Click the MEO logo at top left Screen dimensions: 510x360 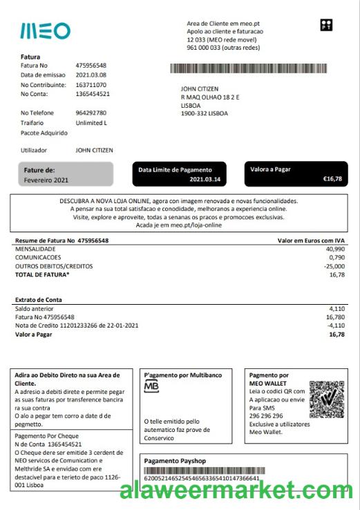(45, 31)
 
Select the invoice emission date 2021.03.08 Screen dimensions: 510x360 (91, 75)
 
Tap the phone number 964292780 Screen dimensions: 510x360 (91, 113)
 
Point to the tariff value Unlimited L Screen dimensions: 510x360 (91, 122)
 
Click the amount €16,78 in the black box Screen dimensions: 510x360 (332, 179)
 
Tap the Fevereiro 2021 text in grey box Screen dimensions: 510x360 (46, 180)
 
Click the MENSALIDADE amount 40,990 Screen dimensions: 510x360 (334, 249)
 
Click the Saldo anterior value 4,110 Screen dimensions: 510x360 (337, 308)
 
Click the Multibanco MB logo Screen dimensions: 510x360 (151, 388)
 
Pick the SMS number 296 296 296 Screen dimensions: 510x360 (265, 416)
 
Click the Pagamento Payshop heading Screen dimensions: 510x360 (175, 460)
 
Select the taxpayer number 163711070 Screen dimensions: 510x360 (92, 84)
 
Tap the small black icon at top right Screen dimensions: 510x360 (327, 26)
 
